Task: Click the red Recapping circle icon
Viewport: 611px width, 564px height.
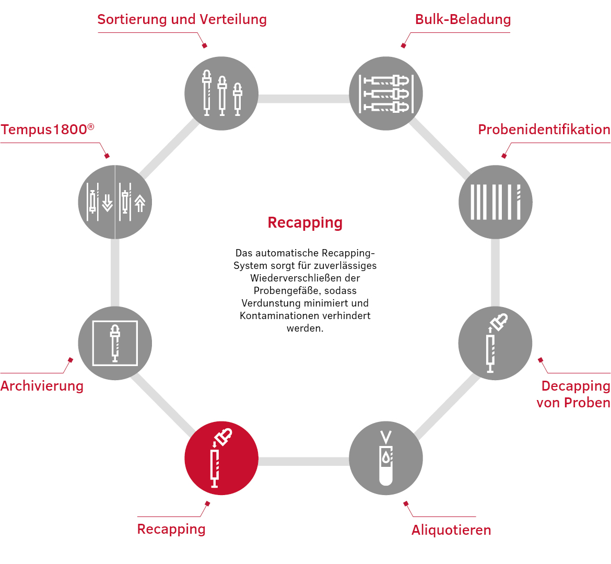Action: point(221,458)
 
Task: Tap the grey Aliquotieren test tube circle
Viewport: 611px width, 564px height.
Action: point(386,458)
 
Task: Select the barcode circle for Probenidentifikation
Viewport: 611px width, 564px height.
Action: point(495,202)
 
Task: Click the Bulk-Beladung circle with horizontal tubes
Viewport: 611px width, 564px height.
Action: point(386,93)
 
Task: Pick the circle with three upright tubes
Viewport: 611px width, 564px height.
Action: point(221,93)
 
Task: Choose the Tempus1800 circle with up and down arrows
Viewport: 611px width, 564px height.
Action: point(115,202)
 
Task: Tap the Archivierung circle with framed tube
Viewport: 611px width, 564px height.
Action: point(115,343)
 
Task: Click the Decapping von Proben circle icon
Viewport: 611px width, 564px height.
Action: point(495,343)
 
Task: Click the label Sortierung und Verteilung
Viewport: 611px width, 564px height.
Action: point(182,19)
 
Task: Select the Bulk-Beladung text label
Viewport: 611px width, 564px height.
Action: point(463,19)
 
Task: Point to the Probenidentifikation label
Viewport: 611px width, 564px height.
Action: point(544,130)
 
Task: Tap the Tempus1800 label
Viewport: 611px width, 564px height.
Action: point(48,129)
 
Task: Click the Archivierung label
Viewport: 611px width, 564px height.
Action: point(42,386)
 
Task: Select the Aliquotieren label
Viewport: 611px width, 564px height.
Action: point(451,530)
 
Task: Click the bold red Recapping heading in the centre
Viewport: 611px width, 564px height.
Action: point(305,223)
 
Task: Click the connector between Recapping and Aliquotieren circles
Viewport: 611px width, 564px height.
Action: point(303,462)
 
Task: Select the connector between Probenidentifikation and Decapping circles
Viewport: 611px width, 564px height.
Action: point(495,273)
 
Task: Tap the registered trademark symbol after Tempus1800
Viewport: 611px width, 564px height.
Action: point(91,126)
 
